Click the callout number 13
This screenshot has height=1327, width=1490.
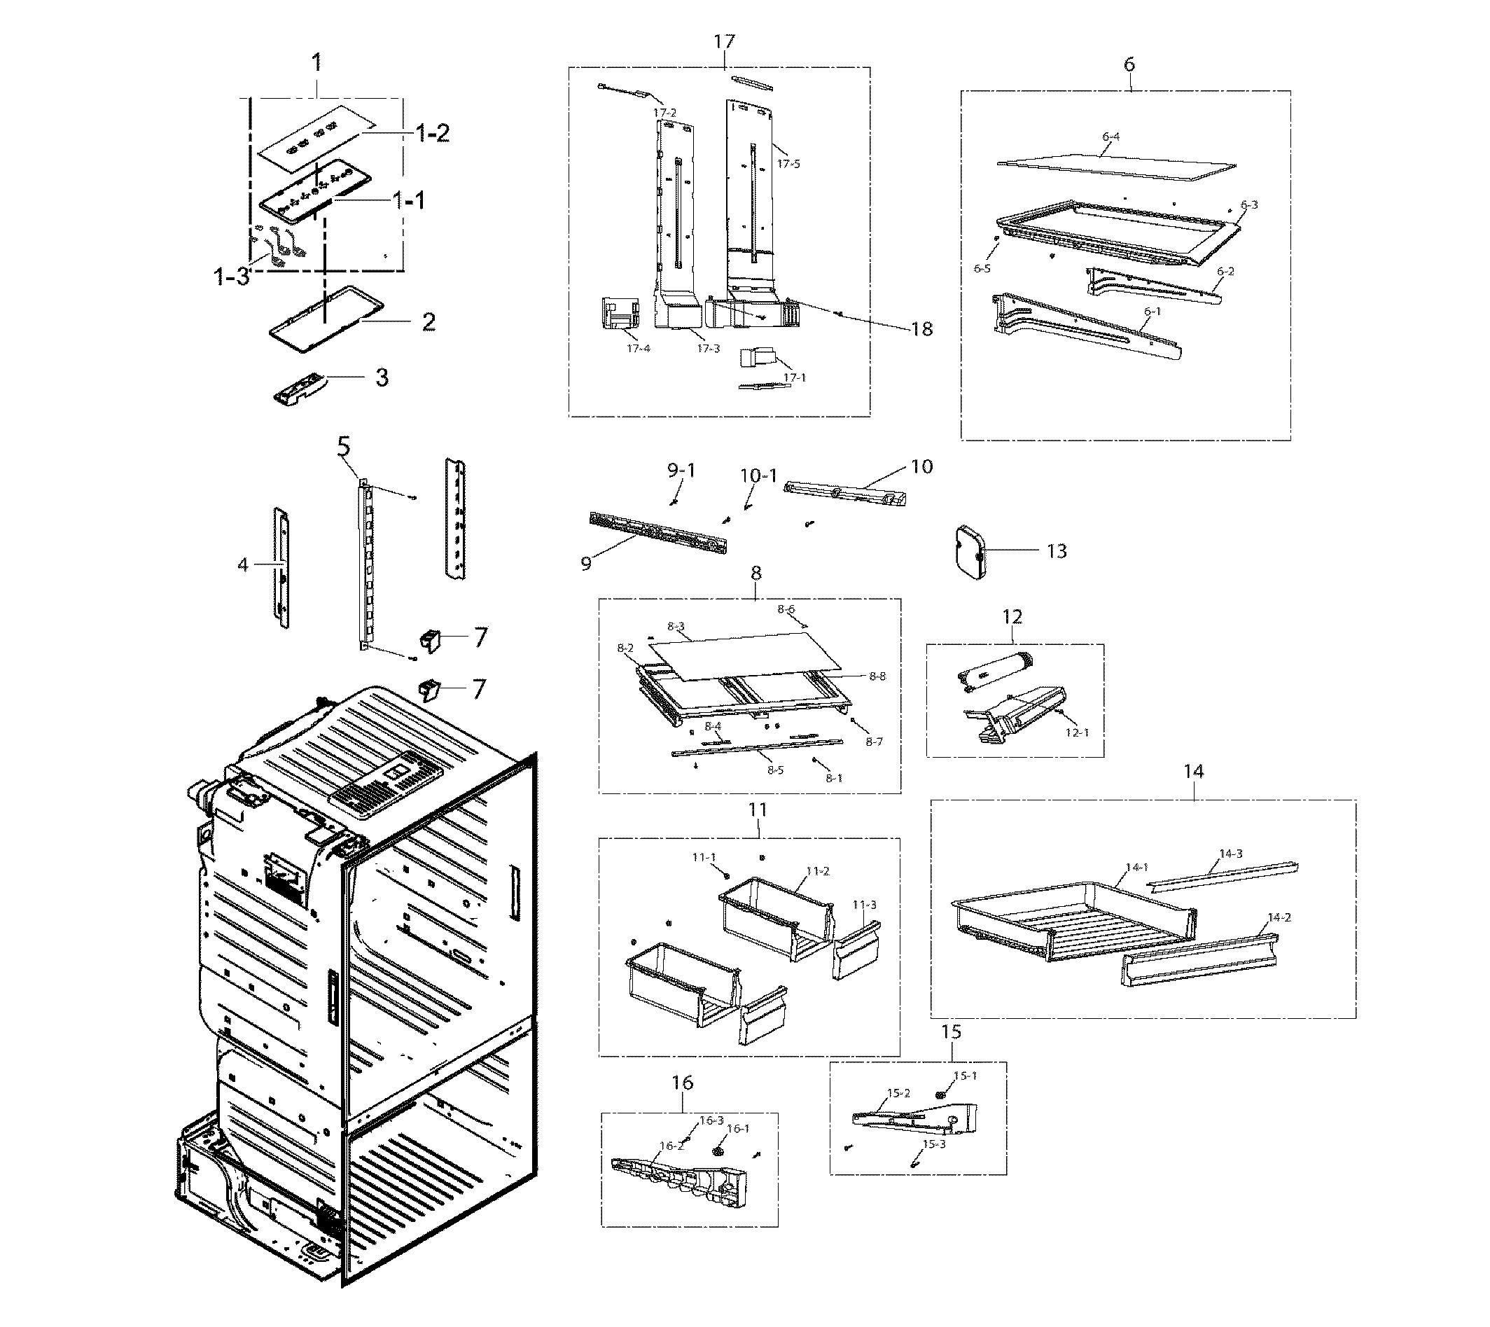point(1057,551)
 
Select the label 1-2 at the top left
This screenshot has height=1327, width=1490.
point(432,134)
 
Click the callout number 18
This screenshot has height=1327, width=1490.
point(921,329)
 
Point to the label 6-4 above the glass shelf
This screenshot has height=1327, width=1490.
point(1110,137)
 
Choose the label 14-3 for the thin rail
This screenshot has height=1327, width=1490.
point(1230,853)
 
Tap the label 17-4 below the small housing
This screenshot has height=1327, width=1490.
point(638,349)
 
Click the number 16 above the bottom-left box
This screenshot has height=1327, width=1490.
point(682,1082)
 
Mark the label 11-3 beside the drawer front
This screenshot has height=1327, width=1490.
point(865,905)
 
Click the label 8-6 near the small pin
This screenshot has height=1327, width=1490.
point(786,609)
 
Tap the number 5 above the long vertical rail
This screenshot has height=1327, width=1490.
point(344,445)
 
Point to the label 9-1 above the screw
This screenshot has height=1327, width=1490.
point(681,471)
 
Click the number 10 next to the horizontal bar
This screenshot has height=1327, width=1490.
point(921,466)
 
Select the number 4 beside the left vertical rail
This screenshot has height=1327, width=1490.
point(243,564)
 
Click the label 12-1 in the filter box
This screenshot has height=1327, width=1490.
point(1077,732)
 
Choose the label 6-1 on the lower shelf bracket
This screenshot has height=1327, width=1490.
point(1153,312)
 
